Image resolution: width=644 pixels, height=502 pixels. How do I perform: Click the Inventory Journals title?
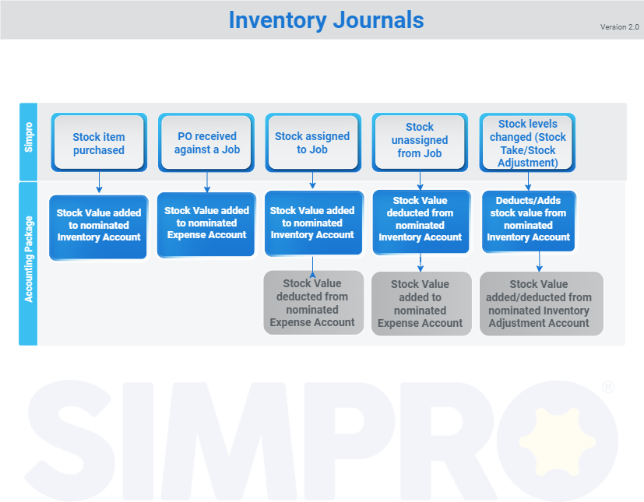(x=326, y=20)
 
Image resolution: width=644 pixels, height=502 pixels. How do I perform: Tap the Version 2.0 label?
(x=619, y=27)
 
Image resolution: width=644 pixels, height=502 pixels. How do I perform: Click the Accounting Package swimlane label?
(x=29, y=263)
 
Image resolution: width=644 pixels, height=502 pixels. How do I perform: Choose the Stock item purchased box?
(x=99, y=143)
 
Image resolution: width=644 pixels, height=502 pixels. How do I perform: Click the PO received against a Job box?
(x=206, y=142)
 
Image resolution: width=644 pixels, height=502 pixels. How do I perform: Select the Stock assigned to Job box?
(x=312, y=142)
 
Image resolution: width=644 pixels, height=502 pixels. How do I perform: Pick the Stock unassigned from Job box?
(x=419, y=141)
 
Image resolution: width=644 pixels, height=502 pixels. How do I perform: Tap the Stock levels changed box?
(x=528, y=143)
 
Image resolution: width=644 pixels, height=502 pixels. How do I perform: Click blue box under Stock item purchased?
(x=99, y=226)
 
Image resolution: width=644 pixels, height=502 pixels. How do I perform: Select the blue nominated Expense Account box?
(x=206, y=223)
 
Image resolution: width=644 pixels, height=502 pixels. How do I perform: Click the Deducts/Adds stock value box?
(x=528, y=220)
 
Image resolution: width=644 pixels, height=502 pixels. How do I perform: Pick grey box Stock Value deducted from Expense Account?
(x=313, y=303)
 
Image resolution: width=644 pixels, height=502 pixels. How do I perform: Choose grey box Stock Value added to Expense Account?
(x=421, y=303)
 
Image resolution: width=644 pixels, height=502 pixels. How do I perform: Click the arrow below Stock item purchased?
(x=99, y=183)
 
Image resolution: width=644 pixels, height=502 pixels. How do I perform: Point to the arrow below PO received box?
(x=206, y=181)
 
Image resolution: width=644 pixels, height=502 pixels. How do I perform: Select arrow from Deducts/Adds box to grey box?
(x=540, y=261)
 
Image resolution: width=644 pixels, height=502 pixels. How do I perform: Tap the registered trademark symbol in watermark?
(x=608, y=387)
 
